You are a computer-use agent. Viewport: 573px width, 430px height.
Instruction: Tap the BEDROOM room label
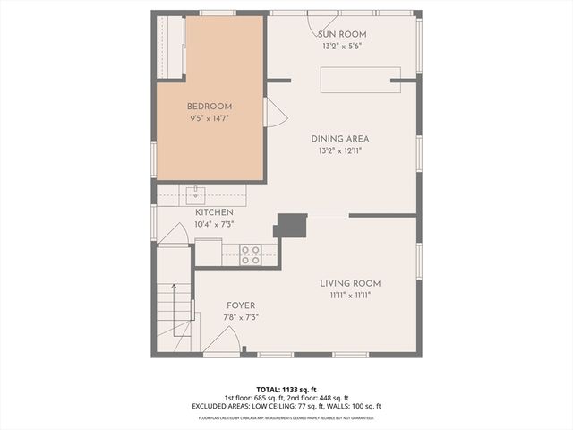click(x=210, y=106)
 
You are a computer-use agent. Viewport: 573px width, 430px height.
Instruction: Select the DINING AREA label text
click(x=340, y=139)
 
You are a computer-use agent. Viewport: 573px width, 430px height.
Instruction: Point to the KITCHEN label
click(x=214, y=212)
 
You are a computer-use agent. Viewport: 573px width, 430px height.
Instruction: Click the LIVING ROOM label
click(x=345, y=283)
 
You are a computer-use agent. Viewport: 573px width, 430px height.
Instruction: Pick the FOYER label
click(x=240, y=305)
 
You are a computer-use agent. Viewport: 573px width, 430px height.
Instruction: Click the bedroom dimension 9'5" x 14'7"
click(x=210, y=117)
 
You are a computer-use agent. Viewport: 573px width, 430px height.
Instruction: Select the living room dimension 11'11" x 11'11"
click(x=345, y=295)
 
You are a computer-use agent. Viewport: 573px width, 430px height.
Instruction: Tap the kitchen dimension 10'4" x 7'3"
click(x=214, y=224)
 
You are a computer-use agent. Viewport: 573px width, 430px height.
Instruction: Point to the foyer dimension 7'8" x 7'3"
click(x=240, y=317)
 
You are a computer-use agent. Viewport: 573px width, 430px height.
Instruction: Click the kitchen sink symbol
click(x=196, y=192)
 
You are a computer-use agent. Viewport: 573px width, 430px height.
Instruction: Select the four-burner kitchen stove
click(x=250, y=254)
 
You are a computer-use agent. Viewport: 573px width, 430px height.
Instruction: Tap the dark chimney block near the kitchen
click(x=290, y=225)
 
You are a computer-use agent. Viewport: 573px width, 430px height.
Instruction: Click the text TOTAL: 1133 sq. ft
click(x=286, y=389)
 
